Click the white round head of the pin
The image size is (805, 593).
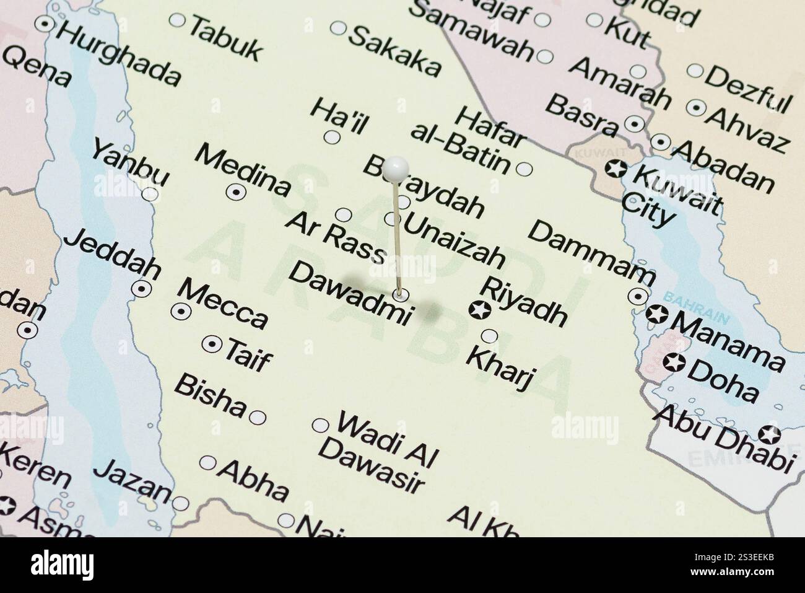(x=395, y=167)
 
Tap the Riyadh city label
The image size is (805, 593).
(x=523, y=302)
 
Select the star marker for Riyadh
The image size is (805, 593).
(x=477, y=310)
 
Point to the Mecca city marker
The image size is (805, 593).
(x=181, y=312)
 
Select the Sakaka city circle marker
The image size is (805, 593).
(x=339, y=27)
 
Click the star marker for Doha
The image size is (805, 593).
(x=674, y=363)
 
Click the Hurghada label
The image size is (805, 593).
(x=118, y=55)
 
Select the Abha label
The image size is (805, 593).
(x=254, y=480)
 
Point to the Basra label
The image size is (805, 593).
(x=582, y=113)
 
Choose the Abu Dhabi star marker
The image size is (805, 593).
(x=771, y=434)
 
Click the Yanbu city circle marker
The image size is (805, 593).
(x=149, y=194)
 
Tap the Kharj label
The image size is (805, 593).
(x=500, y=367)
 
